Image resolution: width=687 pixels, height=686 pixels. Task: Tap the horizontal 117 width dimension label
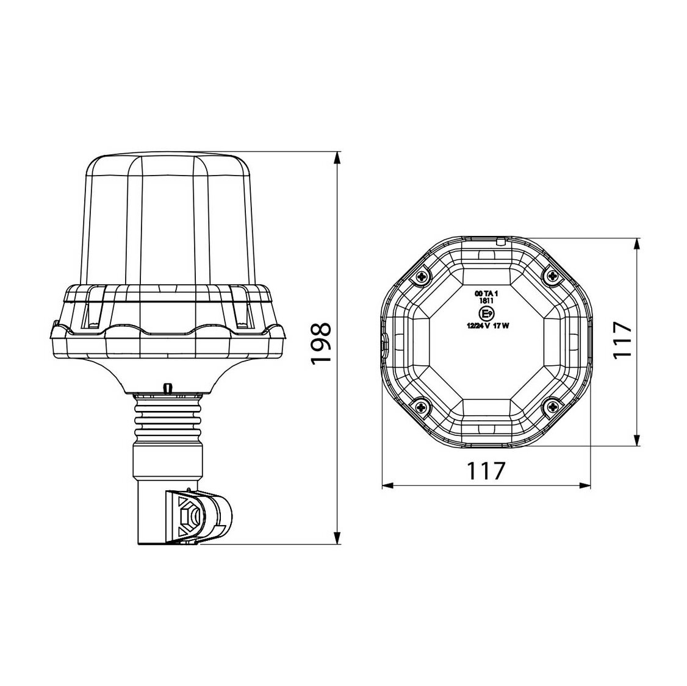(x=486, y=471)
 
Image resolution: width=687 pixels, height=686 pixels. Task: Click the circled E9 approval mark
(x=486, y=314)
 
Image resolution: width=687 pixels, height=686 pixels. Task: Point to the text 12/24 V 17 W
(x=486, y=326)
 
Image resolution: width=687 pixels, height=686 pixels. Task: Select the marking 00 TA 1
(x=486, y=293)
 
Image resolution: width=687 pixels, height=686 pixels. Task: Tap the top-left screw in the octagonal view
(x=422, y=277)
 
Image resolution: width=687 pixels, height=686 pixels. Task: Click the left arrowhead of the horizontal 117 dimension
(x=387, y=486)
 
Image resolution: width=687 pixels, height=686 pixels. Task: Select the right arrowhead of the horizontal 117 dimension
(x=586, y=486)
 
